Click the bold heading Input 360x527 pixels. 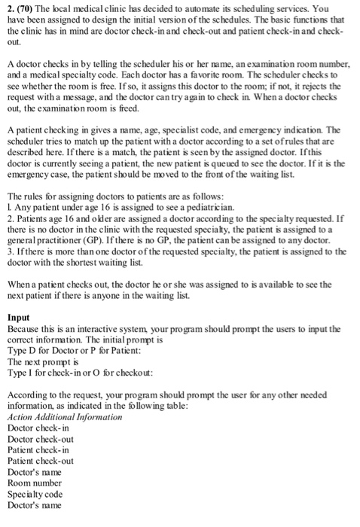click(20, 318)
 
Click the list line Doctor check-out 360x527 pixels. click(40, 439)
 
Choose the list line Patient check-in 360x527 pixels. click(38, 449)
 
